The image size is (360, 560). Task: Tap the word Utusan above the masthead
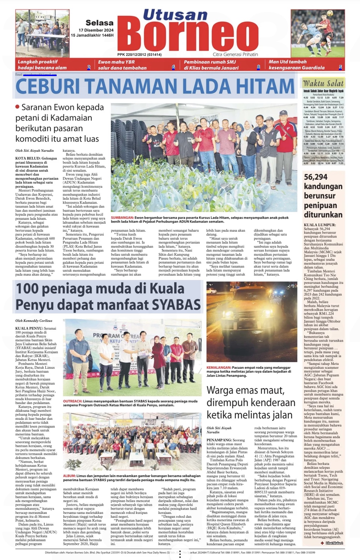[175, 15]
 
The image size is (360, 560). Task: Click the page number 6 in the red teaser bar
[173, 67]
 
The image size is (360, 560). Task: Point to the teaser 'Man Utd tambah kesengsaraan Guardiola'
[296, 64]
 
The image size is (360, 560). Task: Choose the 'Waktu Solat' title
[323, 83]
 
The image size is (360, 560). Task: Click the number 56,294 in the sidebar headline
[316, 177]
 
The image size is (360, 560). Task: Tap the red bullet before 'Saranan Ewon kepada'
[17, 107]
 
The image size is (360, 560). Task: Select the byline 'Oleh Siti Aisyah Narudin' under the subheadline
[34, 151]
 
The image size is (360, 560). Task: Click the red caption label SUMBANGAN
[122, 218]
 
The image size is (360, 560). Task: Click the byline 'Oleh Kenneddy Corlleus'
[34, 321]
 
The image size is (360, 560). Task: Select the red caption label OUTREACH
[73, 401]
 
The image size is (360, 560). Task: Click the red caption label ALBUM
[69, 476]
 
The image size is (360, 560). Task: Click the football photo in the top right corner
[318, 33]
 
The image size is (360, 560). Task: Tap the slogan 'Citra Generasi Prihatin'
[235, 55]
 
